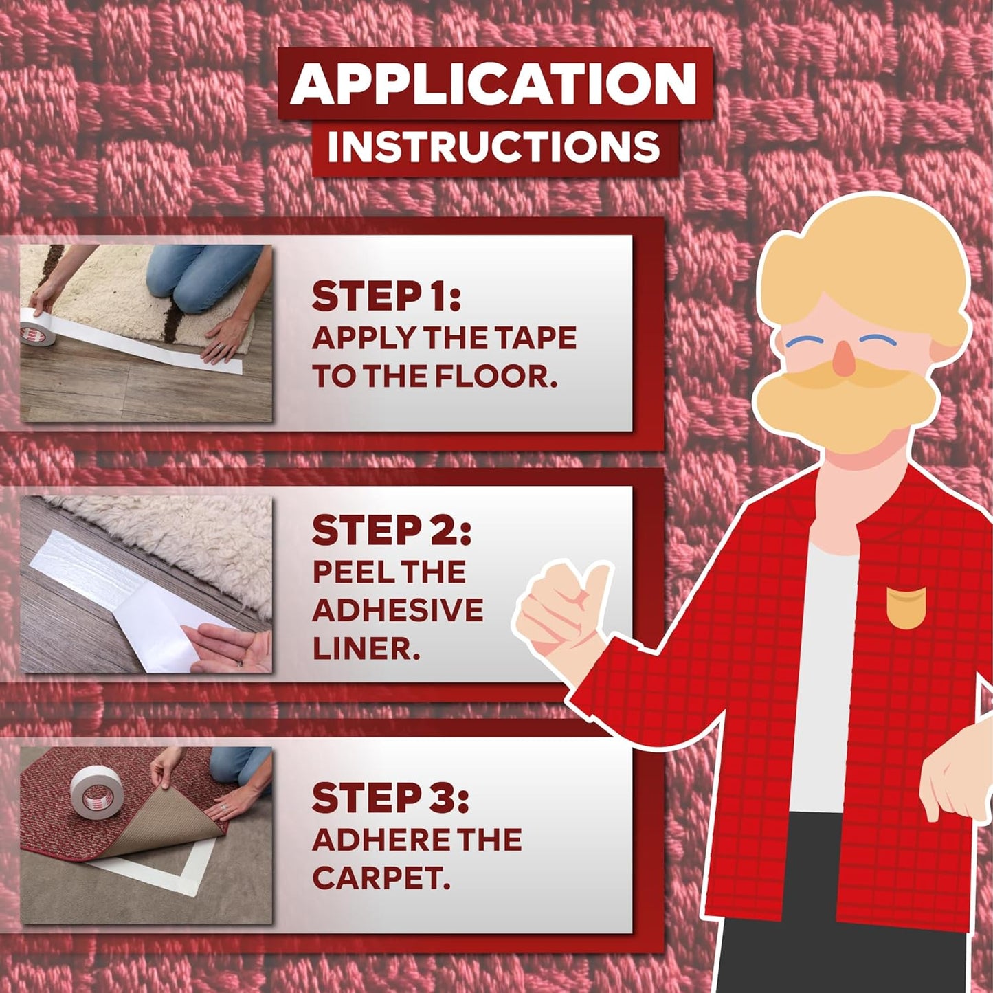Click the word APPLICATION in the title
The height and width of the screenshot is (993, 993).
tap(494, 83)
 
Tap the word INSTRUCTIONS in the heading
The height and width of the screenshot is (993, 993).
tap(493, 146)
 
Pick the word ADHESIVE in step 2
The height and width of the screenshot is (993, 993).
tap(398, 610)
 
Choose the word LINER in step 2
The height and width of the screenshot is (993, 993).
tap(366, 648)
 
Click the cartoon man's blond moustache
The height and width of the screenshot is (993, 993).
tap(845, 395)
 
